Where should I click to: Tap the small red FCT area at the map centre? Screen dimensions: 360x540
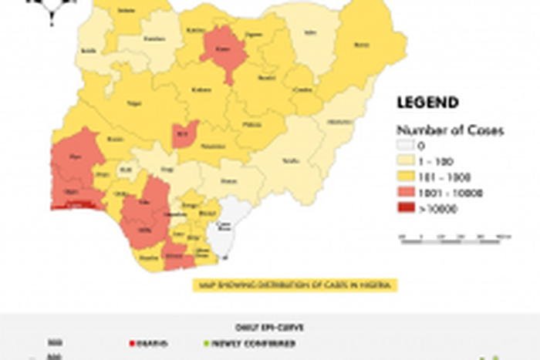[184, 133]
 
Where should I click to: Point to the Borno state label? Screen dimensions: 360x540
[358, 45]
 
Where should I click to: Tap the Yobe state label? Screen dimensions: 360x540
[311, 34]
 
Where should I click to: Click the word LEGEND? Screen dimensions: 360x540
[427, 103]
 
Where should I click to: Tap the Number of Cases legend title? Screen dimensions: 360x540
[450, 130]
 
